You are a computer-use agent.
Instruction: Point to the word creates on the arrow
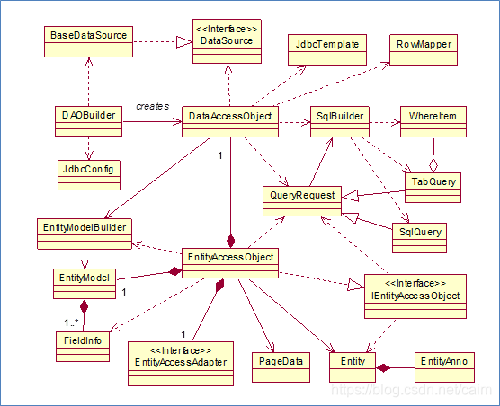pyautogui.click(x=153, y=106)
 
